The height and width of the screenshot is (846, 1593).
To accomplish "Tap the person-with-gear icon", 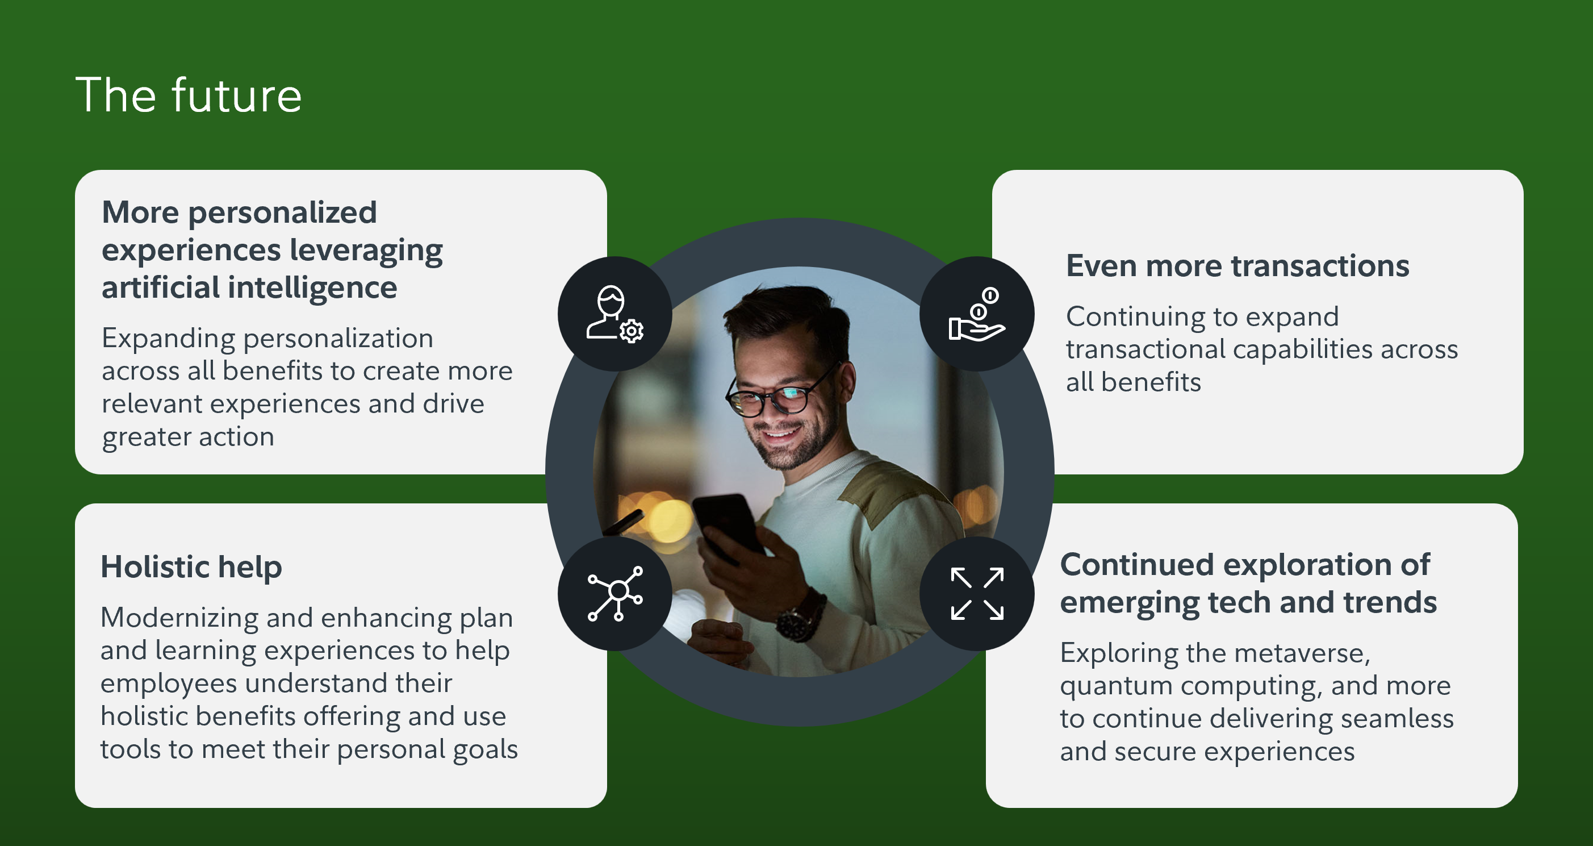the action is pyautogui.click(x=614, y=314).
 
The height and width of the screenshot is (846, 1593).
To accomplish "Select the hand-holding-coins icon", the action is pyautogui.click(x=977, y=314).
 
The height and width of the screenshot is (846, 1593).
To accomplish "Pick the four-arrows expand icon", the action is pyautogui.click(x=977, y=594).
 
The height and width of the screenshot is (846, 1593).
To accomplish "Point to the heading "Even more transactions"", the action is pyautogui.click(x=1237, y=265).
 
